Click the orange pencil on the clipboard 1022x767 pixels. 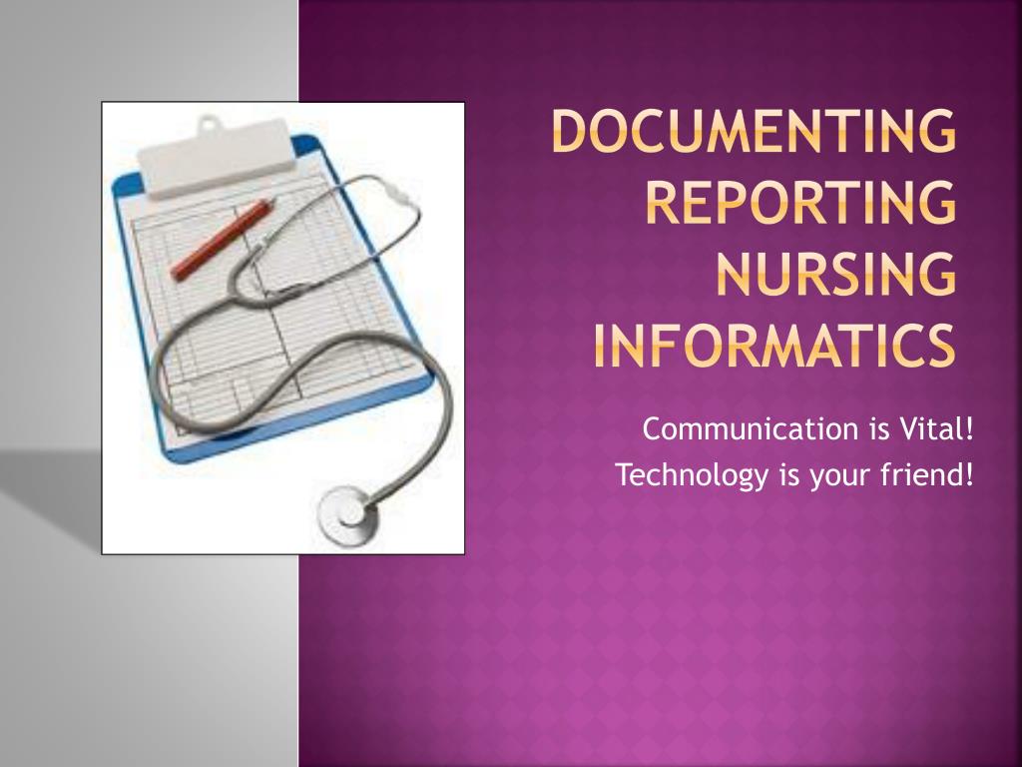[x=221, y=240]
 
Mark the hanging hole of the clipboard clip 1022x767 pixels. [x=207, y=126]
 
